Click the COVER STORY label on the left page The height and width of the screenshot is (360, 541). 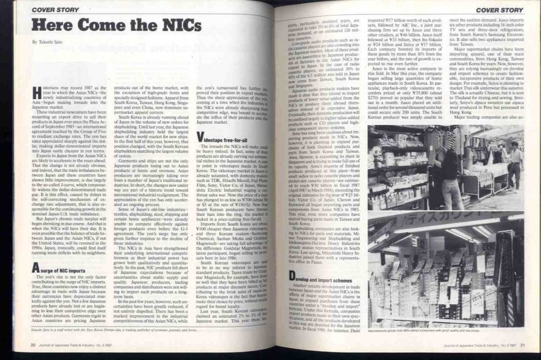(55, 9)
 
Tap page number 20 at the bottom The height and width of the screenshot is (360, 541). (33, 345)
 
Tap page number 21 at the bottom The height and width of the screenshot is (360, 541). (522, 345)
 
